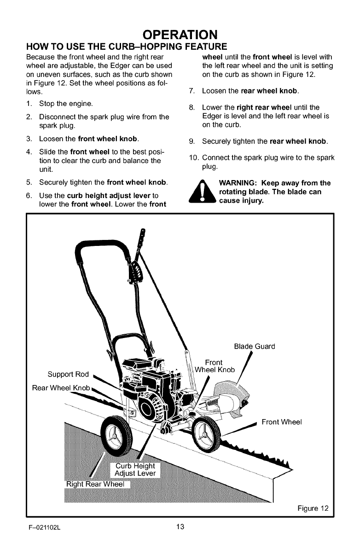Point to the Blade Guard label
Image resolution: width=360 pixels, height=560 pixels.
[255, 347]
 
